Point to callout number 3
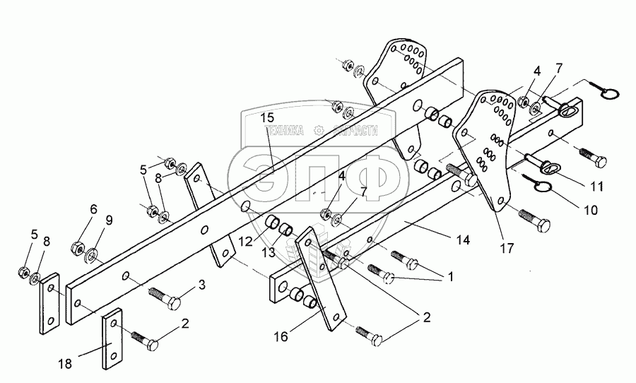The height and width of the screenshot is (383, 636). (x=201, y=285)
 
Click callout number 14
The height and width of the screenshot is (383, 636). (x=462, y=240)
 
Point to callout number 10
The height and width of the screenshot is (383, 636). (x=591, y=211)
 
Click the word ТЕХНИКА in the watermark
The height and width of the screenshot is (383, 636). (x=284, y=131)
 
